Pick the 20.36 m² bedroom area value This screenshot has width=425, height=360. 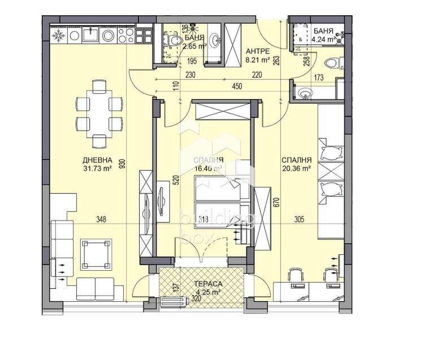tap(297, 168)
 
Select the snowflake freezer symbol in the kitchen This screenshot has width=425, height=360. tap(58, 36)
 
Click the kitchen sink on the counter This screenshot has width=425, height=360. tap(90, 36)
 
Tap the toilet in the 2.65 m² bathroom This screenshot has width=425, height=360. tap(174, 39)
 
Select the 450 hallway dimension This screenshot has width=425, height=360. tap(237, 86)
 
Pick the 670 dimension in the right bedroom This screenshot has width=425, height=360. tap(277, 202)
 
